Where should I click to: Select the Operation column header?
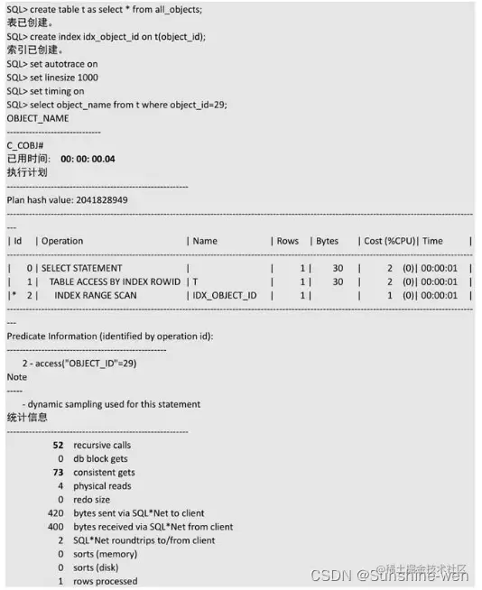pyautogui.click(x=61, y=241)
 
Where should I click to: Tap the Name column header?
pyautogui.click(x=205, y=241)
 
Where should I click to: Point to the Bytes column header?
pyautogui.click(x=327, y=241)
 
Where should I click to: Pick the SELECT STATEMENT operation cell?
pyautogui.click(x=81, y=268)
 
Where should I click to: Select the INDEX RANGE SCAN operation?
pyautogui.click(x=96, y=295)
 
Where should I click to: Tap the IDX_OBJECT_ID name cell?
pyautogui.click(x=225, y=295)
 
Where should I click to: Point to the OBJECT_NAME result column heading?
pyautogui.click(x=38, y=118)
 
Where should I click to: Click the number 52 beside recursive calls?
pyautogui.click(x=58, y=445)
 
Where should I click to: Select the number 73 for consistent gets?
pyautogui.click(x=58, y=472)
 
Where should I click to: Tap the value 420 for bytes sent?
pyautogui.click(x=55, y=512)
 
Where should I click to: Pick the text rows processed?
pyautogui.click(x=106, y=581)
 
